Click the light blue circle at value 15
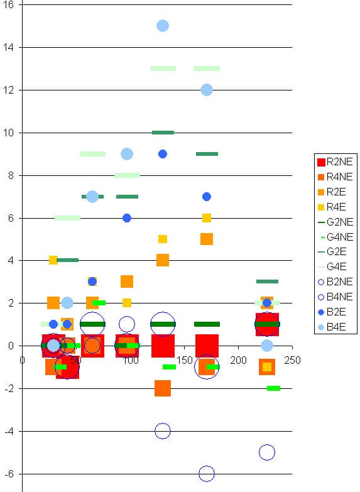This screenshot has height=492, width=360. [163, 26]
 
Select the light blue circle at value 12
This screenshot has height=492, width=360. [207, 90]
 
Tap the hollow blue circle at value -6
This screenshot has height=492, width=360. [207, 474]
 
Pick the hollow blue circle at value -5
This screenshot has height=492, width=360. [267, 452]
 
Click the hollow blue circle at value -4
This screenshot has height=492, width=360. [163, 431]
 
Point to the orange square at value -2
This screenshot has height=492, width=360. [163, 388]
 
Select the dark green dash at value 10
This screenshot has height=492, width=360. [163, 133]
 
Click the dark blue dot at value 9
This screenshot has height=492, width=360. [163, 154]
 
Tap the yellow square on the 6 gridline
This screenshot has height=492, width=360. [207, 218]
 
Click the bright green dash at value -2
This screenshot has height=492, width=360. [273, 388]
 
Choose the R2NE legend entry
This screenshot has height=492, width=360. [335, 162]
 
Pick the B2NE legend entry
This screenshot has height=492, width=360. [335, 282]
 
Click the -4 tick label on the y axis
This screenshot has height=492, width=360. [9, 432]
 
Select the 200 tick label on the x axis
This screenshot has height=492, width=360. [238, 360]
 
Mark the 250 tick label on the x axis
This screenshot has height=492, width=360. [292, 360]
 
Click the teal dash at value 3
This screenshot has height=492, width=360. [267, 282]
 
